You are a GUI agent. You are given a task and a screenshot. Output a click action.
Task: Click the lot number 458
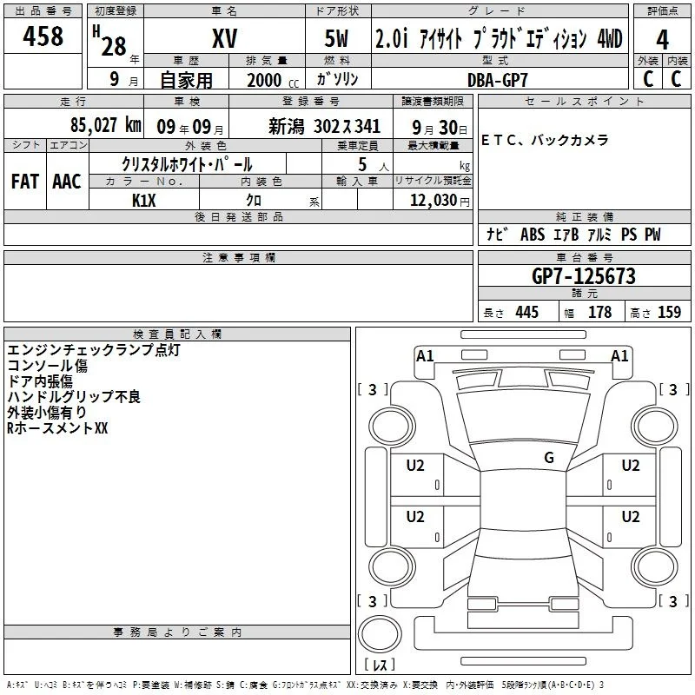pos(43,36)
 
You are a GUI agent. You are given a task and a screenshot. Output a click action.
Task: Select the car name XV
pos(225,38)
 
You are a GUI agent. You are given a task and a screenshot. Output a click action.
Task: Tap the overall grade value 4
pos(662,40)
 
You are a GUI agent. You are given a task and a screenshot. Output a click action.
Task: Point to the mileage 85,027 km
pos(105,125)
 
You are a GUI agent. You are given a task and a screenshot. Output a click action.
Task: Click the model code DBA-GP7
pos(498,80)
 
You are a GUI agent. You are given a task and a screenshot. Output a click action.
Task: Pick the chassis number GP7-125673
pos(584,276)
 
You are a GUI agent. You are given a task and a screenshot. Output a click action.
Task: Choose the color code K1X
pos(144,201)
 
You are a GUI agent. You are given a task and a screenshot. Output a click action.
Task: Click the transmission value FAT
pos(25,182)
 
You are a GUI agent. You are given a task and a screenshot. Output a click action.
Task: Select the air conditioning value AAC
pos(67,182)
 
